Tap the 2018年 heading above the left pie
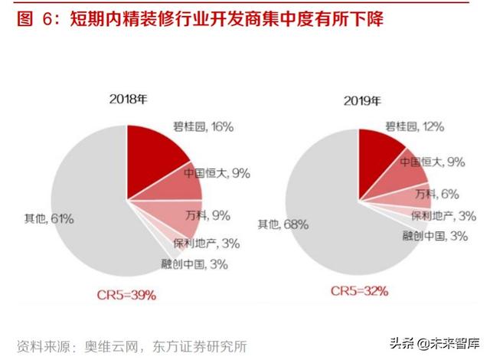tap(129, 100)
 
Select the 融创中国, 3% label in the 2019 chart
tap(435, 236)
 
